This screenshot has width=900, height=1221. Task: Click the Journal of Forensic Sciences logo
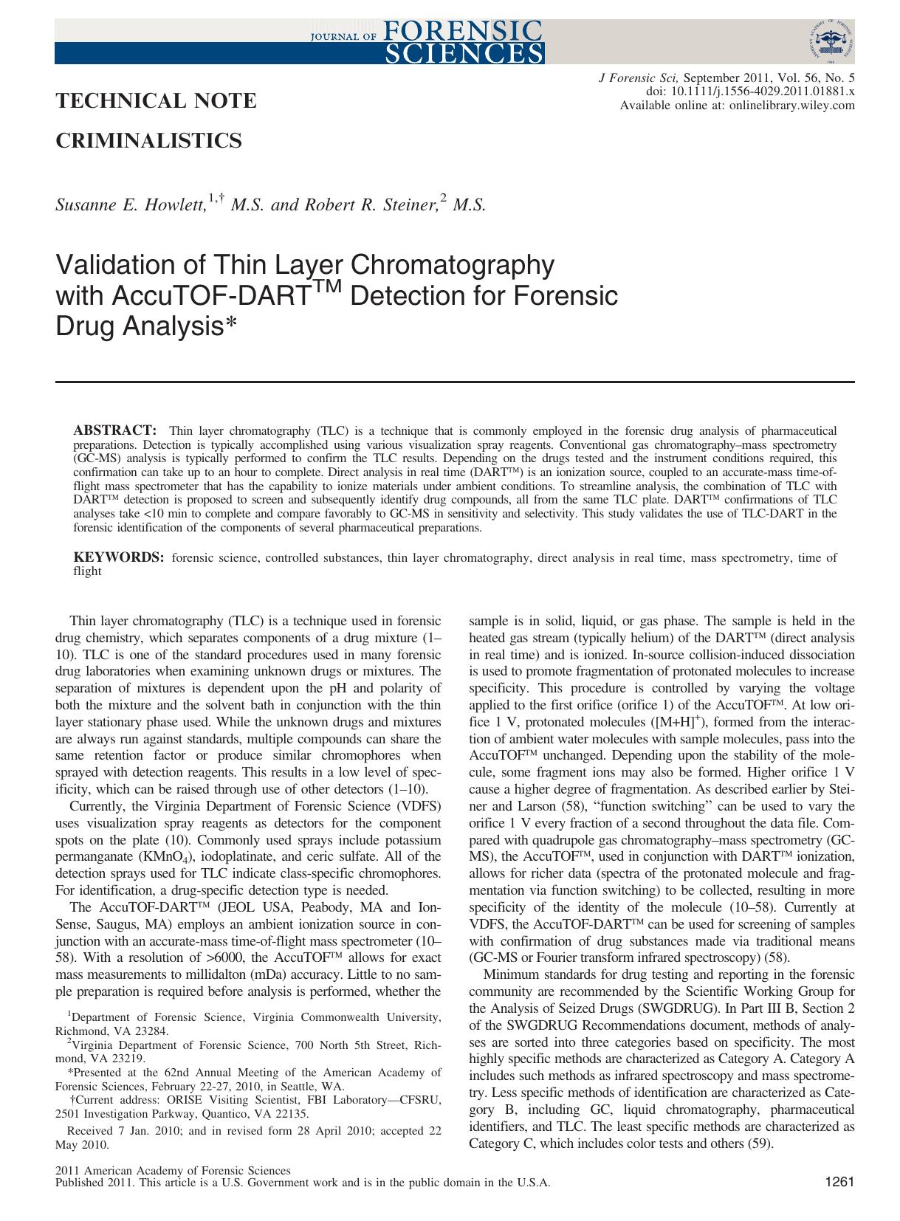425,41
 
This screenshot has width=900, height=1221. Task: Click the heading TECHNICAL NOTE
156,101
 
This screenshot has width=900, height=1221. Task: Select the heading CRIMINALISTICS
149,140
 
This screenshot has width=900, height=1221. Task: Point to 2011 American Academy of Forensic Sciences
174,1171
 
